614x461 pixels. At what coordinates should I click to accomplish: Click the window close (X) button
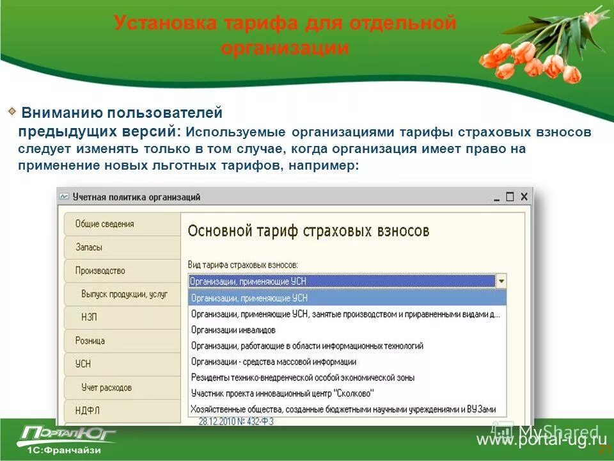click(x=524, y=197)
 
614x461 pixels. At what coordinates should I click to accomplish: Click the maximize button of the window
click(x=510, y=197)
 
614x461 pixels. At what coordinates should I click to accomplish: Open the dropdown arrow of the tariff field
click(x=501, y=281)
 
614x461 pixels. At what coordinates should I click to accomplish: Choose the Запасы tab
click(x=89, y=247)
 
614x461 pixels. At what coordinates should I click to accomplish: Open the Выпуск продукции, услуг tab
click(x=124, y=294)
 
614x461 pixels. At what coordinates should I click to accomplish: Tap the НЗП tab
click(x=89, y=317)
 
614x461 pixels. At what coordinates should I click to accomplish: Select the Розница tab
click(x=90, y=341)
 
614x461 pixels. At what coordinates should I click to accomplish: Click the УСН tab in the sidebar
click(x=83, y=364)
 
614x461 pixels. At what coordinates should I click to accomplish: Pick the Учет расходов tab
click(x=106, y=387)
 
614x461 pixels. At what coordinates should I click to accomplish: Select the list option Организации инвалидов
click(x=233, y=330)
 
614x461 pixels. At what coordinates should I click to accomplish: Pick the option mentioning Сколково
click(x=282, y=393)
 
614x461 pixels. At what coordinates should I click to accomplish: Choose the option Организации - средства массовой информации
click(x=273, y=362)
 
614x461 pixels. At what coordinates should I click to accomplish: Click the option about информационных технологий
click(x=307, y=346)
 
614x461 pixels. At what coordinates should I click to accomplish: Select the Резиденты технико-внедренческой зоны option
click(x=303, y=377)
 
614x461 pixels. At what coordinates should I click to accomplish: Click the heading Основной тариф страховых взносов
click(x=308, y=231)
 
